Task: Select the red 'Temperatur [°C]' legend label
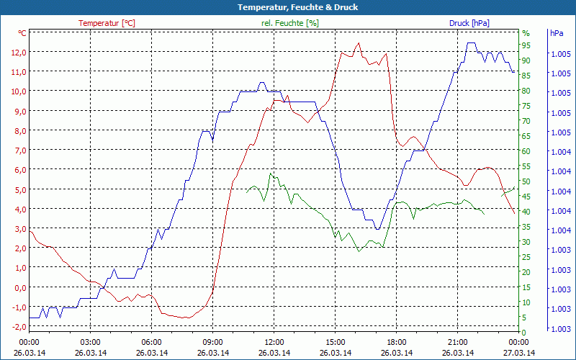pyautogui.click(x=107, y=23)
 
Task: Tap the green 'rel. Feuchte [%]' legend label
pyautogui.click(x=290, y=23)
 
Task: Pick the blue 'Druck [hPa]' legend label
pyautogui.click(x=469, y=23)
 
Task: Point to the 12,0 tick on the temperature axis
pyautogui.click(x=18, y=53)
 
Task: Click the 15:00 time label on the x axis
pyautogui.click(x=336, y=342)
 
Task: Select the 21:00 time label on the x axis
pyautogui.click(x=458, y=342)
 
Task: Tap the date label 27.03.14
pyautogui.click(x=519, y=353)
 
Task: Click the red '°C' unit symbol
pyautogui.click(x=22, y=33)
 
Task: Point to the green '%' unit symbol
pyautogui.click(x=526, y=33)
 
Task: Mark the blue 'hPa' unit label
pyautogui.click(x=557, y=33)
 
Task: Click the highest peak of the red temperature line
pyautogui.click(x=358, y=43)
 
